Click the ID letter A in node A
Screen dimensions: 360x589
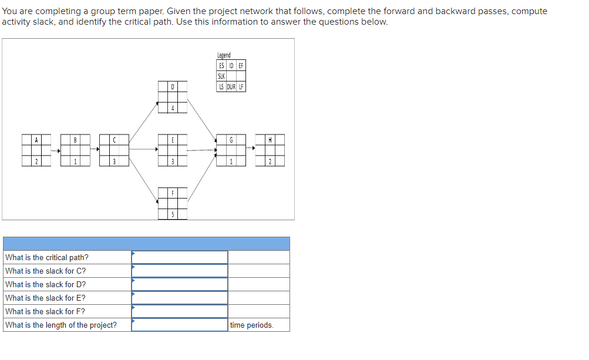coord(36,140)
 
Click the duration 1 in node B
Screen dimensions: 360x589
coord(75,162)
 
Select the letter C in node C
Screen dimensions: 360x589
coord(114,140)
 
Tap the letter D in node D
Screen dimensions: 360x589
coord(172,87)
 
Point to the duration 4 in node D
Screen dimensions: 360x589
coord(172,109)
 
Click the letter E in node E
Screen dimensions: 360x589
coord(172,140)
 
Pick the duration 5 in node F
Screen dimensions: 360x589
coord(172,214)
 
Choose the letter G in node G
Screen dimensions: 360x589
coord(231,140)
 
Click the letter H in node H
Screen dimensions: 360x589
coord(270,140)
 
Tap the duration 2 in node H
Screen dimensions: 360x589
coord(270,162)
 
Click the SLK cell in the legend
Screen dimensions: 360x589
coord(221,76)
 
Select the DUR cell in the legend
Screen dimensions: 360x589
coord(231,86)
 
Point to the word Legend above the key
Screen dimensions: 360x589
coord(224,55)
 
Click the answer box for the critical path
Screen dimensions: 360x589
coord(180,257)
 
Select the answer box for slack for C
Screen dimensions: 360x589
coord(180,271)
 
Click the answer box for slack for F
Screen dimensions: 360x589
coord(180,311)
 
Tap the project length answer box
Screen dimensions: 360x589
coord(180,325)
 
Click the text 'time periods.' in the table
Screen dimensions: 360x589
coord(251,325)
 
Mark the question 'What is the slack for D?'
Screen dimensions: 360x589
coord(45,284)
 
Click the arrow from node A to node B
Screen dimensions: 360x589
coord(55,151)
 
